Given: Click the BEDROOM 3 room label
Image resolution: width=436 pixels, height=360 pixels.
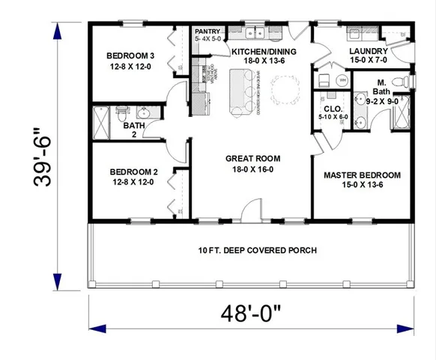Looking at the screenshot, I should [x=130, y=55].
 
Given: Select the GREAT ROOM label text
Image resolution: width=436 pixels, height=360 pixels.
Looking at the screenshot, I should [x=252, y=158].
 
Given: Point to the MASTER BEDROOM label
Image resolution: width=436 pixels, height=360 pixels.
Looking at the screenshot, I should [x=362, y=175].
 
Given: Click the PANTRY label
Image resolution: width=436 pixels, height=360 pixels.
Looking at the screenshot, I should [x=207, y=31].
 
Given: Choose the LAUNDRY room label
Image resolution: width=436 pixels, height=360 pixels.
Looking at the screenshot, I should [x=368, y=51].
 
